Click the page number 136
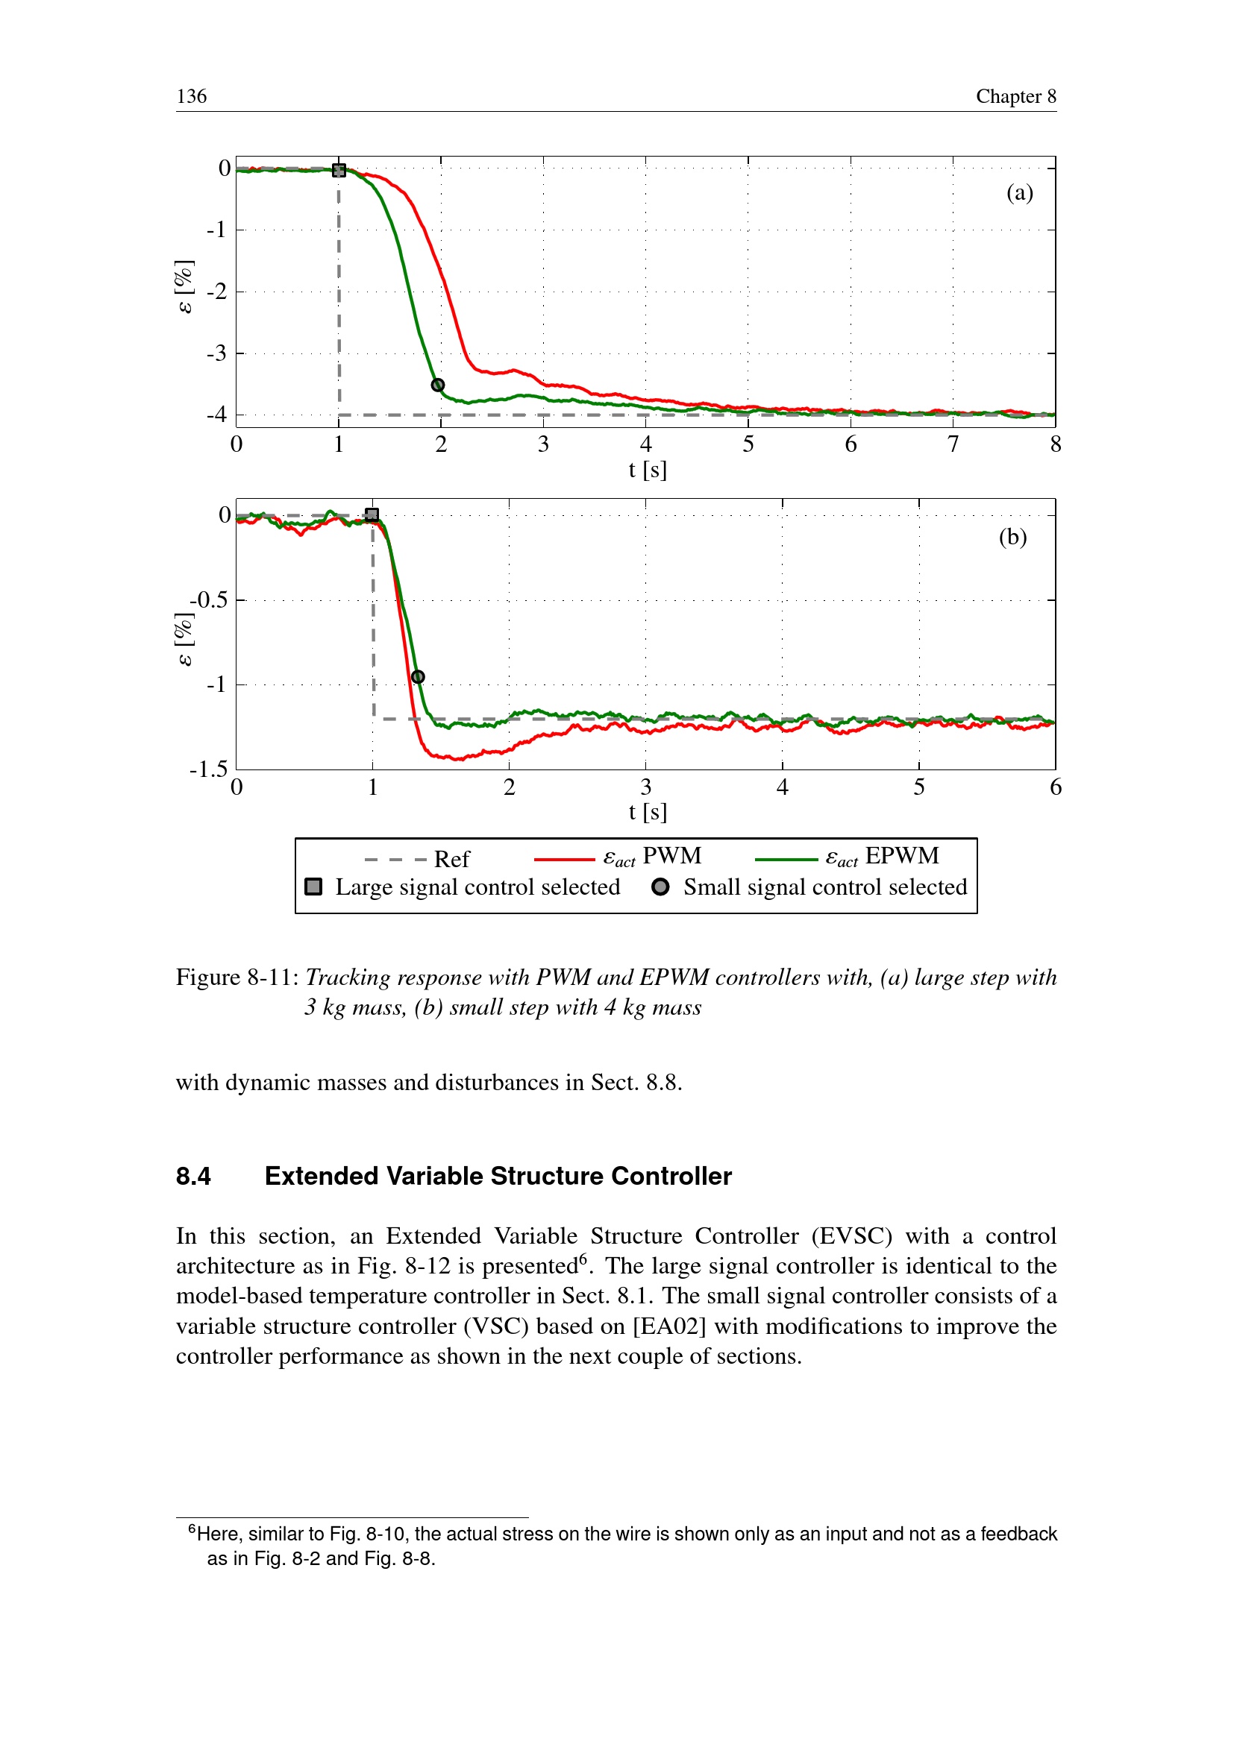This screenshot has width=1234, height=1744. (192, 96)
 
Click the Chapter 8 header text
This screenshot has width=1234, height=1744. (1015, 96)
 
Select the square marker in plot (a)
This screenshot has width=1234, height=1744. (339, 171)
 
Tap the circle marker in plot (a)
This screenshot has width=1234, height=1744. (438, 385)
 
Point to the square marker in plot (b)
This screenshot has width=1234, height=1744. (372, 515)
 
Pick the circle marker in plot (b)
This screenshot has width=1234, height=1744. (418, 677)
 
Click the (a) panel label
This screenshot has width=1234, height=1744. (1019, 193)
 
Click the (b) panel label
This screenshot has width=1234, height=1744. (1012, 538)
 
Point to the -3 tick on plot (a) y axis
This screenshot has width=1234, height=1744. (216, 353)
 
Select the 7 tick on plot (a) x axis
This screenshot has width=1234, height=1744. (953, 444)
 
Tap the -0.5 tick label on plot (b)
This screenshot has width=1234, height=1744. (208, 600)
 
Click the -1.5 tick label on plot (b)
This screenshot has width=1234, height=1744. (208, 769)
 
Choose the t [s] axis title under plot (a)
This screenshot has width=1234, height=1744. (648, 470)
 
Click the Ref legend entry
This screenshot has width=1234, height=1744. (451, 859)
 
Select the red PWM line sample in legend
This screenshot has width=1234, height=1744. (564, 859)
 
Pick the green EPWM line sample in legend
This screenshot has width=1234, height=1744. (786, 859)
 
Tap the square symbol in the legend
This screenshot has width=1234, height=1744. (313, 887)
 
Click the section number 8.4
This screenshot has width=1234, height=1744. (194, 1176)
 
